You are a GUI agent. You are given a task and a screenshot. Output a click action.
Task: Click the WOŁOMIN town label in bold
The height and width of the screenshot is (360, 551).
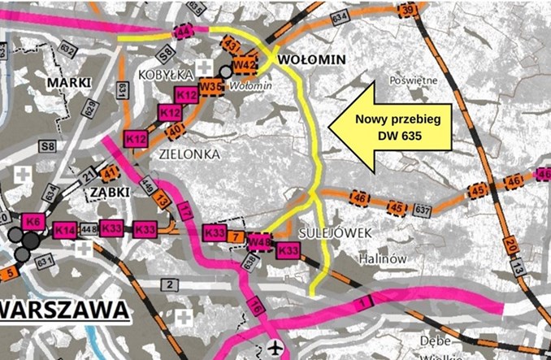tap(312, 59)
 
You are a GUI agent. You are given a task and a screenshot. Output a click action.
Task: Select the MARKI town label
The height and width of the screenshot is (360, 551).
tap(66, 82)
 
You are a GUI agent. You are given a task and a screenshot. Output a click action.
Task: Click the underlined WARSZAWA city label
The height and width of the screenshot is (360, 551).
tap(65, 309)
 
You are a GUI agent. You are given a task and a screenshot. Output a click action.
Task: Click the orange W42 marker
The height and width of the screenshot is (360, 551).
tap(244, 64)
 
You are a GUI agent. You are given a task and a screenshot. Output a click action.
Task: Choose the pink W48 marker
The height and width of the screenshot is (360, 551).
tap(259, 241)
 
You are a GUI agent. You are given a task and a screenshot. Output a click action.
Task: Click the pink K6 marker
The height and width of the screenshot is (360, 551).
tap(33, 221)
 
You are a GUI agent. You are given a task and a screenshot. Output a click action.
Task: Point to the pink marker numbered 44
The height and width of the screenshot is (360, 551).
tap(184, 31)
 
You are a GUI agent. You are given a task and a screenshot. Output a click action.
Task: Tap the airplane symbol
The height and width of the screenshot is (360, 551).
tap(280, 349)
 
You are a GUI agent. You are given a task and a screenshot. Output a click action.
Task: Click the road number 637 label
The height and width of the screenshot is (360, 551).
tap(422, 210)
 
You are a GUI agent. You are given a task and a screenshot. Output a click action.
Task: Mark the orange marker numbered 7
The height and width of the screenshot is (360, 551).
tap(234, 236)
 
